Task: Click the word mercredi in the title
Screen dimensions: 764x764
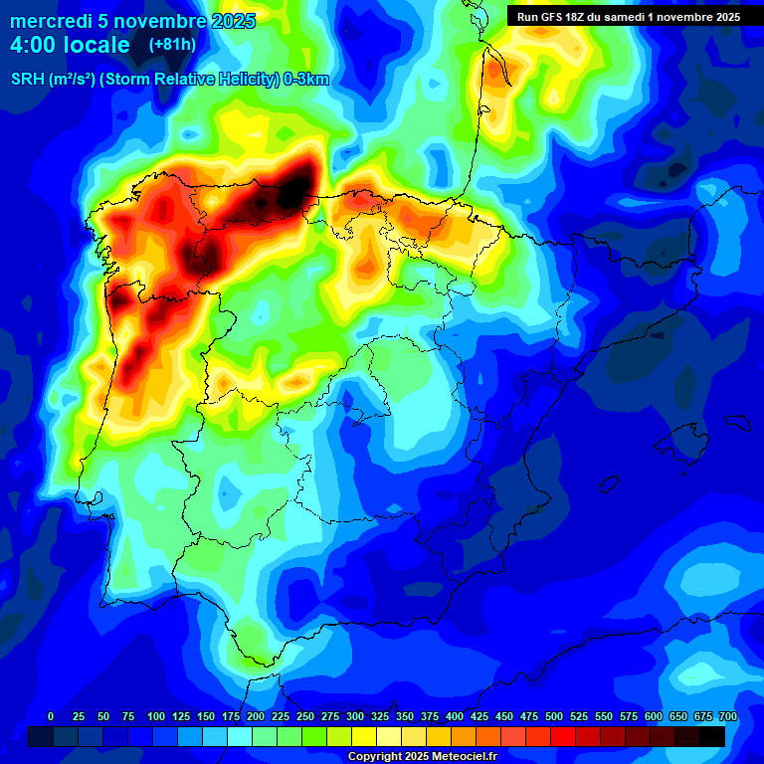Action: point(44,21)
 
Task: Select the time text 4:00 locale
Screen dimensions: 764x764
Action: point(70,45)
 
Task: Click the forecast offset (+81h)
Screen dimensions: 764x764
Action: point(172,45)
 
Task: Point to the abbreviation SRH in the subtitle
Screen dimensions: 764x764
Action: point(28,80)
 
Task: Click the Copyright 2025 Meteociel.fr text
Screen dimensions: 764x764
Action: point(422,756)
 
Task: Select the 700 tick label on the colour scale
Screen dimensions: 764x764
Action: point(727,716)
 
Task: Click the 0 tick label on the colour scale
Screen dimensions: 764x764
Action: point(51,716)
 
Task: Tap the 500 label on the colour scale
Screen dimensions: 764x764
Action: point(529,716)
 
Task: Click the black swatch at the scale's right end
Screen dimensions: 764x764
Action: point(712,736)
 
